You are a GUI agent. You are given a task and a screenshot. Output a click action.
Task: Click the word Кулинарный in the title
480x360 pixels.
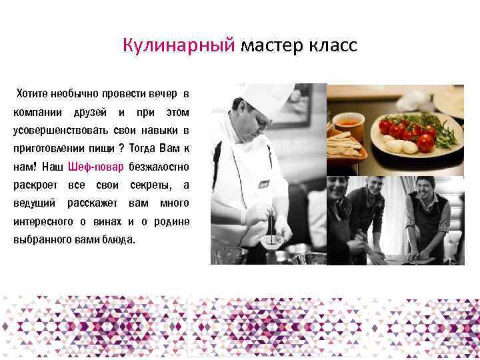tap(179, 45)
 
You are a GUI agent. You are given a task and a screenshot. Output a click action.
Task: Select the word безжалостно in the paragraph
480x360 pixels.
tap(159, 166)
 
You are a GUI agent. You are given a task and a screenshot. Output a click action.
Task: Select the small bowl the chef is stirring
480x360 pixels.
tap(271, 241)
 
